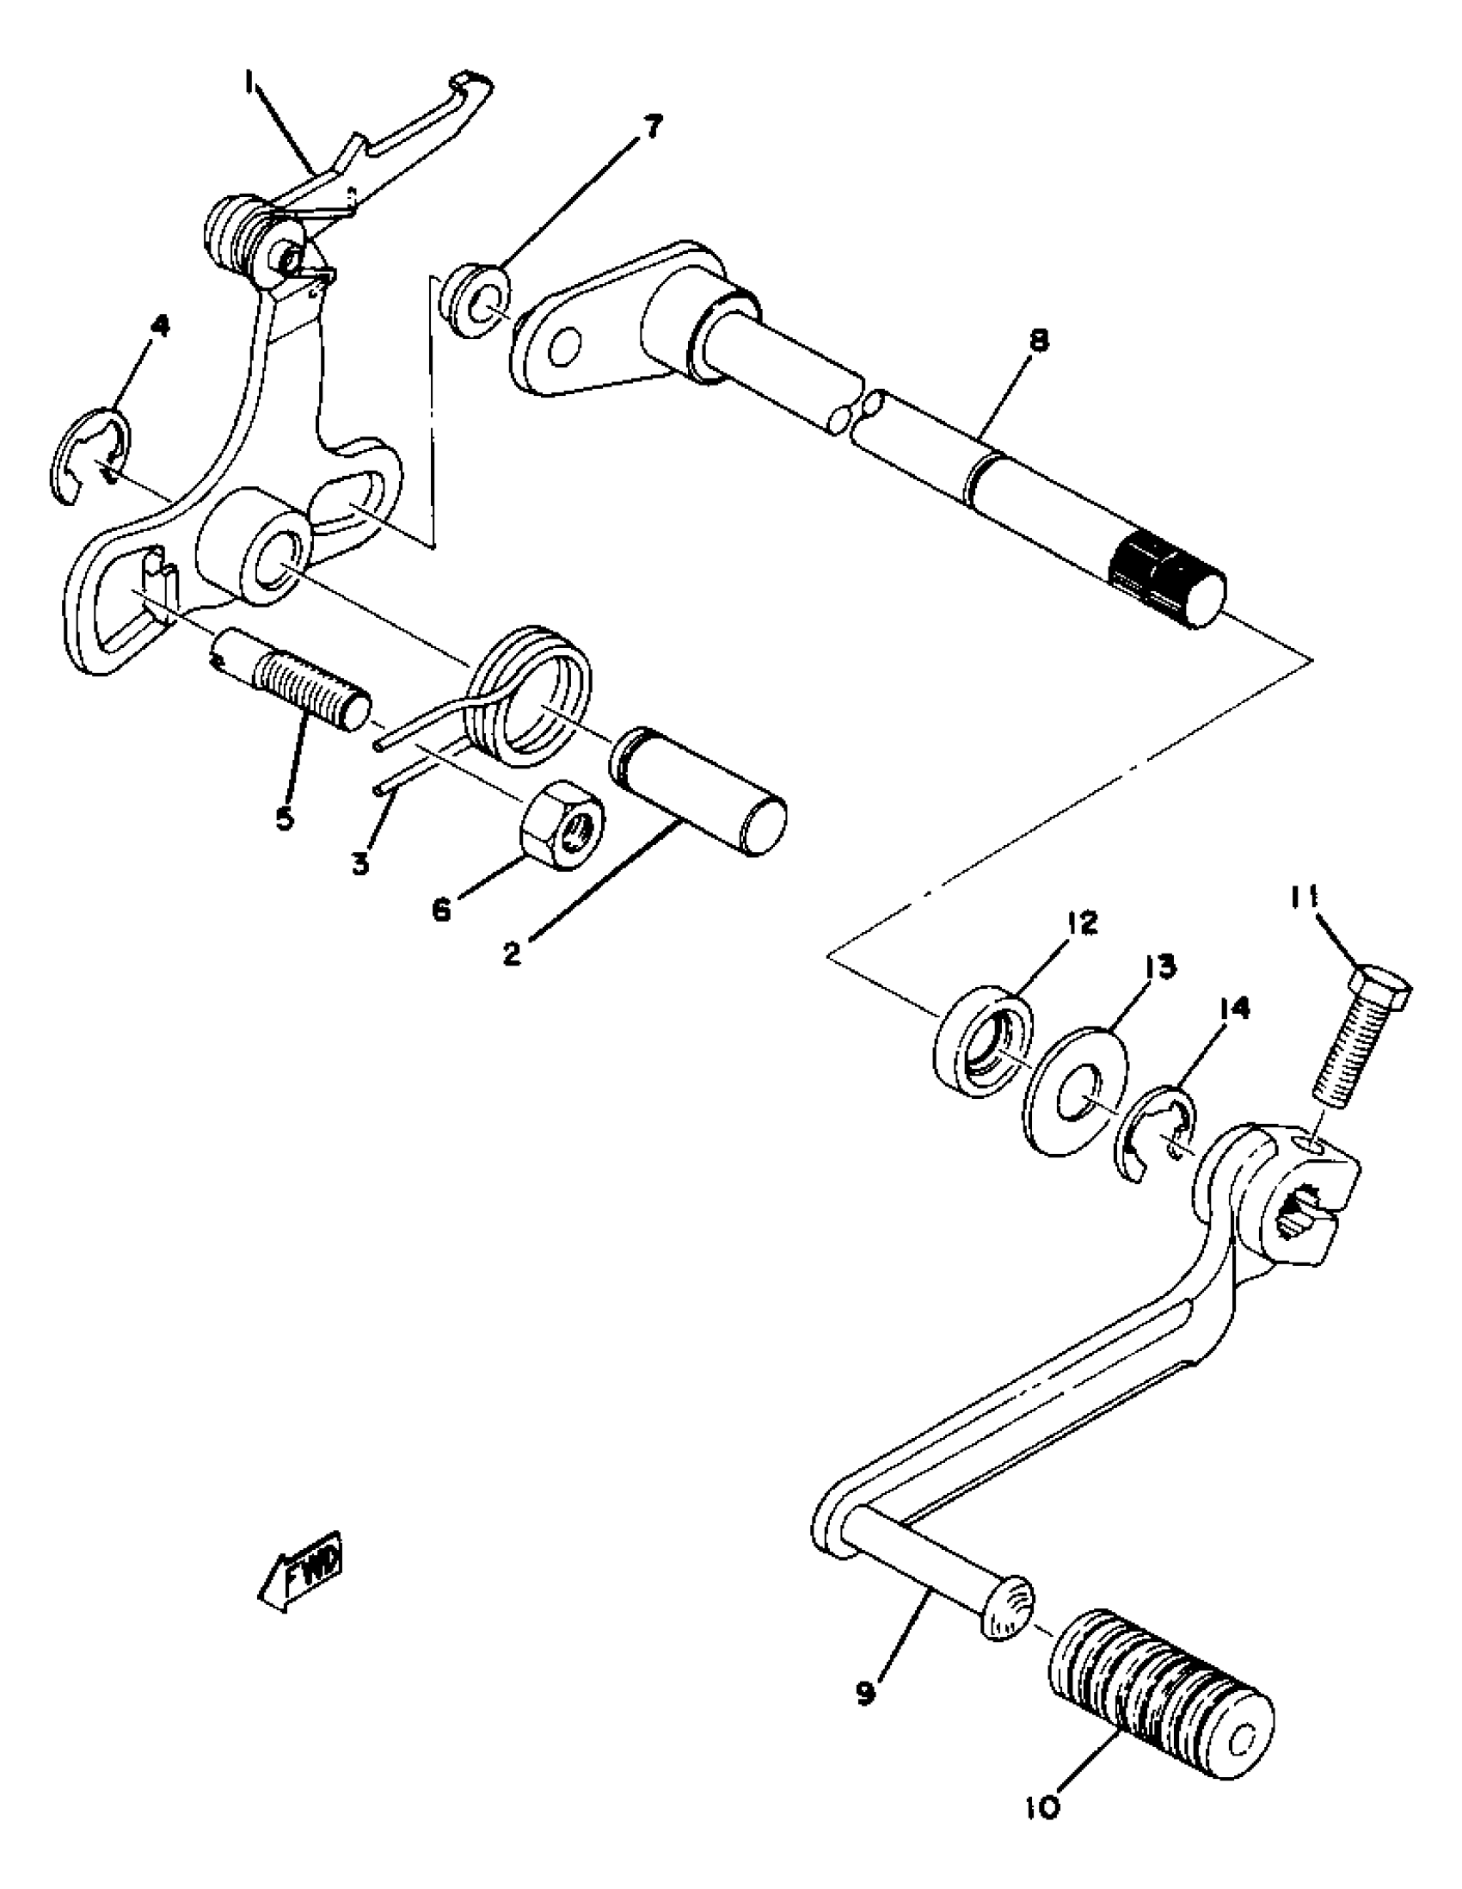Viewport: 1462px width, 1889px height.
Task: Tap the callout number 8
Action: pyautogui.click(x=1039, y=341)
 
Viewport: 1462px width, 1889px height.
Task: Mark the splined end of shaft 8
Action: pyautogui.click(x=1167, y=578)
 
